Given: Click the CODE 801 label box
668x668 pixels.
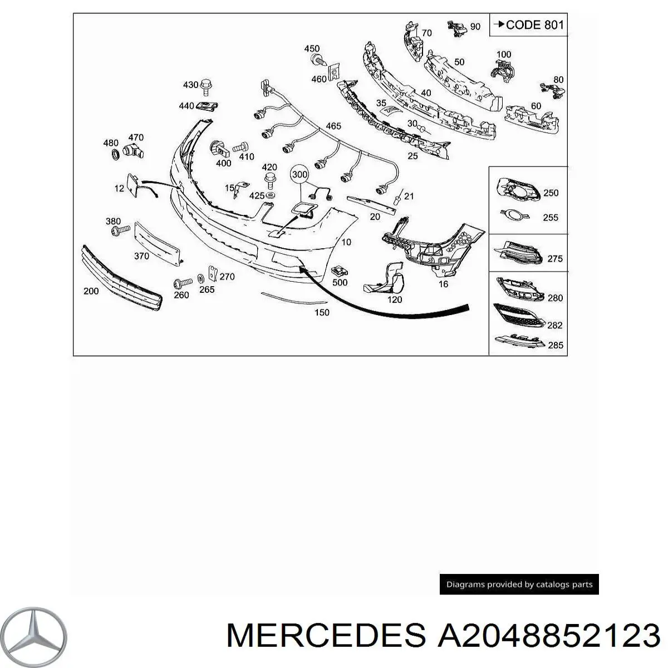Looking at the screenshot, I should (x=528, y=25).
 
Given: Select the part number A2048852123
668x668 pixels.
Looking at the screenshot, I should (x=546, y=635).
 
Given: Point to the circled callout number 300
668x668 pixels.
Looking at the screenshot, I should (x=299, y=175).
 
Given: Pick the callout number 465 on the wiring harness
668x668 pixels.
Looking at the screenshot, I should (x=333, y=126).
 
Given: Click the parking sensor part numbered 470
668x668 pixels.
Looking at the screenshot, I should (x=131, y=149).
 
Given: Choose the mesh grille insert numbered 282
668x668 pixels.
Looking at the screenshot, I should (x=516, y=315).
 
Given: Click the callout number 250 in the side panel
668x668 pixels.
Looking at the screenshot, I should (x=550, y=193).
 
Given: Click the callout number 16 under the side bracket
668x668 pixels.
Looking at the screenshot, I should (x=443, y=284).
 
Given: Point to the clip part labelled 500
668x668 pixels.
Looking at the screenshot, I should (x=338, y=271).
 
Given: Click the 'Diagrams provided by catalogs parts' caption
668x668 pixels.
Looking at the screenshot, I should (x=519, y=584).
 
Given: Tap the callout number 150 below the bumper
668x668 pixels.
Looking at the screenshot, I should (x=322, y=312).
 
